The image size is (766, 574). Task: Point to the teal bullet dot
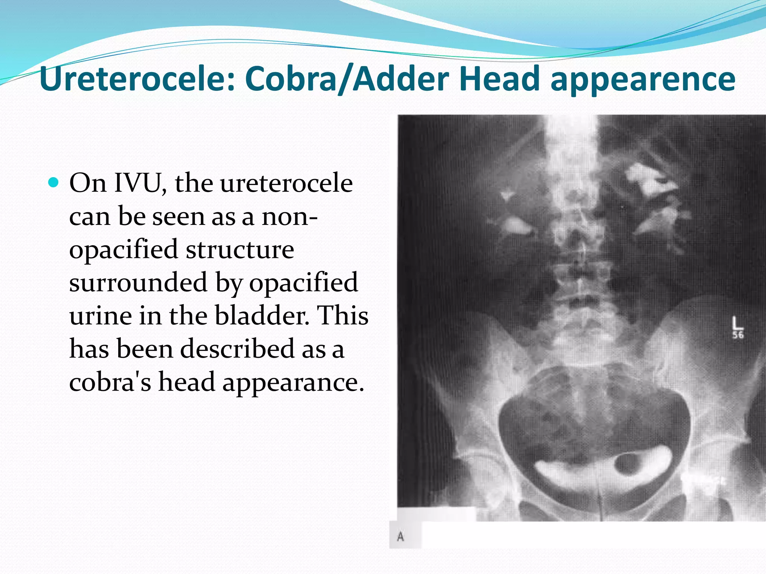tap(54, 183)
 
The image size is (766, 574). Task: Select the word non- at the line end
tap(289, 216)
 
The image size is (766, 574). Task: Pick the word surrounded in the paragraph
tap(138, 283)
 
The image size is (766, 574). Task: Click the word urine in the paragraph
tap(100, 316)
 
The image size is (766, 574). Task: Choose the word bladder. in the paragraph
tap(262, 316)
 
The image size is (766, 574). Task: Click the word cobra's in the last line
tap(110, 382)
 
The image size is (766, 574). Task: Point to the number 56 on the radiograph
tap(738, 335)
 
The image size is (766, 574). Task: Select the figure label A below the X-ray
tap(401, 537)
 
